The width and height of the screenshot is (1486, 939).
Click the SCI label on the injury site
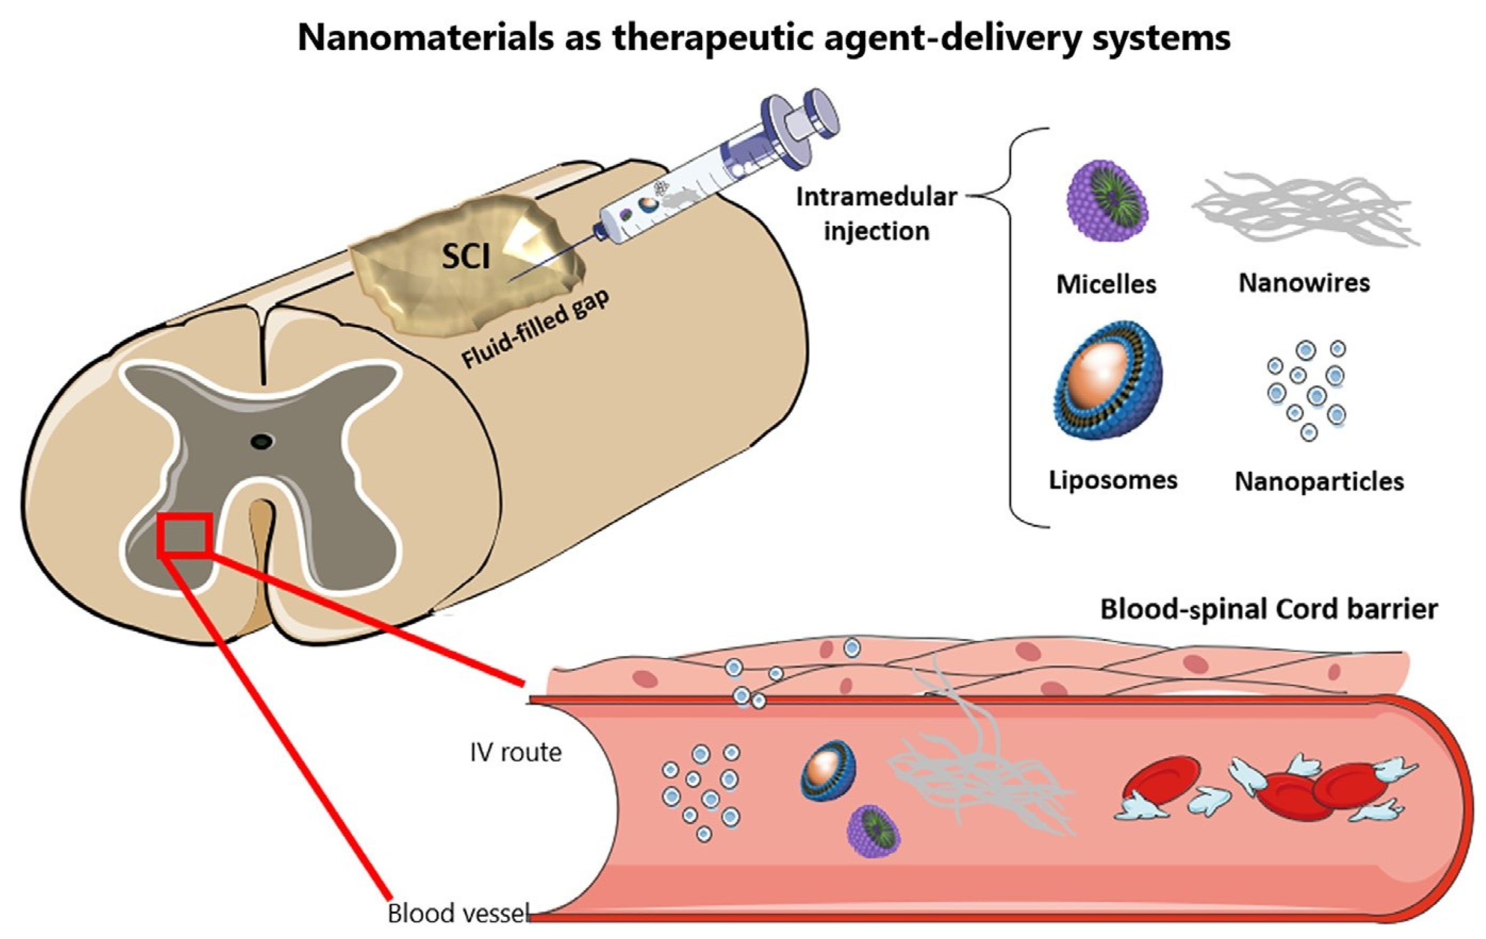coord(466,256)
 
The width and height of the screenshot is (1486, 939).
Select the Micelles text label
coord(1106,284)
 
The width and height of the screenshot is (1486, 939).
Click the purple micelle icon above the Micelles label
coord(1107,200)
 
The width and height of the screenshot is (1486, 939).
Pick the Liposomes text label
coord(1113,480)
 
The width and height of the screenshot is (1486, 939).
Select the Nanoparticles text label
coord(1319,482)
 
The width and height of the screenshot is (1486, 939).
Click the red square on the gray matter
coord(185,535)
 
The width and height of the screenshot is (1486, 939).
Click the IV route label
coord(515,753)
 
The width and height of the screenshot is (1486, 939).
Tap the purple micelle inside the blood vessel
coord(873,830)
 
